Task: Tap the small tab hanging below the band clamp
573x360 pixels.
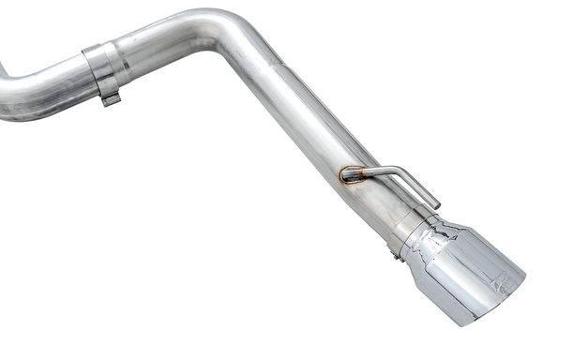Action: tap(110, 97)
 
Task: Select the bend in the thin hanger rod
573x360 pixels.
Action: tap(405, 172)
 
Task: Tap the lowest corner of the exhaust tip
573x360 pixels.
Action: tap(462, 322)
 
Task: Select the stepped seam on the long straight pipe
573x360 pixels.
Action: tap(282, 66)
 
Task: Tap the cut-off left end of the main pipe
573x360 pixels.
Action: tap(4, 103)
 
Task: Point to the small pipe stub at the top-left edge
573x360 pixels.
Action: tap(3, 70)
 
